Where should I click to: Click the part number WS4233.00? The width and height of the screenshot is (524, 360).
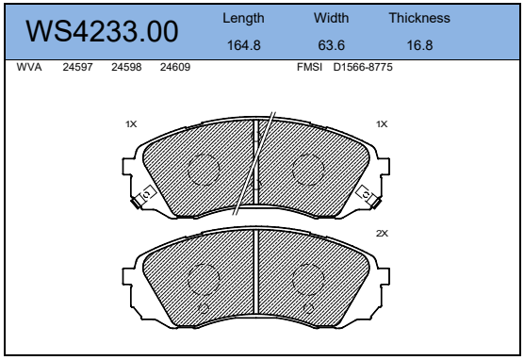pos(102,31)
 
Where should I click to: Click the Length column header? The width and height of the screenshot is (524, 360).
pos(243,19)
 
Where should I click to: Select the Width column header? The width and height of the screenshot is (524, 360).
pos(331,18)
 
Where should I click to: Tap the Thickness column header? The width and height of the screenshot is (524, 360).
pos(419,18)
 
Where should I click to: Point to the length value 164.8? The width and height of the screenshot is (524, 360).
pos(243,45)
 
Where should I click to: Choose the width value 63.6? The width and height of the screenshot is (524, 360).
pos(331,45)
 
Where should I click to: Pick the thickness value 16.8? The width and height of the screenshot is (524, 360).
pos(419,45)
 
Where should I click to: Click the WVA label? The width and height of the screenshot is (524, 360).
pos(29,67)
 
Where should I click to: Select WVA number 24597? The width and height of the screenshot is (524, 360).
pos(77,67)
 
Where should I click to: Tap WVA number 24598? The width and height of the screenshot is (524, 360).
pos(126,67)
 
